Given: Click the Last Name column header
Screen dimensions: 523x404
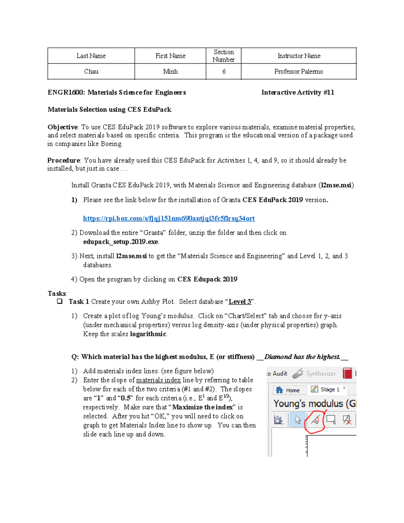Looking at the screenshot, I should point(91,56).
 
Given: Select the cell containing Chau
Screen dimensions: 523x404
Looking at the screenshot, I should point(91,71).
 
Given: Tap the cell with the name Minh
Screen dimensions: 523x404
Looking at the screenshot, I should point(170,71).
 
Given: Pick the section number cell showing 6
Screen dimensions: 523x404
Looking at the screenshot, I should point(224,71).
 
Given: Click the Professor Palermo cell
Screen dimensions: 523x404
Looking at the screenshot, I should point(299,71).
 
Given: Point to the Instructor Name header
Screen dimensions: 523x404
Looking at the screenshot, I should point(299,56).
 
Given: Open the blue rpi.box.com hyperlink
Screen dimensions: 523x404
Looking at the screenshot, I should point(169,218).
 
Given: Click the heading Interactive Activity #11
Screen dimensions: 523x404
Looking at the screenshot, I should point(298,92).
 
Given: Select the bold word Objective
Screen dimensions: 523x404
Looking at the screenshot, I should point(63,127).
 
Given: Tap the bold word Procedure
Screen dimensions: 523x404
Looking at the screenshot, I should point(64,160).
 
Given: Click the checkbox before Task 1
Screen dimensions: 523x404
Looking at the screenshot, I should point(60,301).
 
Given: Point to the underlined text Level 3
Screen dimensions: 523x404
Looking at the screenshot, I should point(240,301).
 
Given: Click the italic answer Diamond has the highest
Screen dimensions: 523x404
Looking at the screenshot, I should point(302,357).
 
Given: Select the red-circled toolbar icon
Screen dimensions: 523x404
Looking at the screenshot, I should point(315,420).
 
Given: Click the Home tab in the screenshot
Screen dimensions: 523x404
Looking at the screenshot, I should point(288,390).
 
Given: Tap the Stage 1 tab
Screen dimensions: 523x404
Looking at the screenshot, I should point(326,389).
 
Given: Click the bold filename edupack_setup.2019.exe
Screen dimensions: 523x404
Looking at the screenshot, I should point(121,242).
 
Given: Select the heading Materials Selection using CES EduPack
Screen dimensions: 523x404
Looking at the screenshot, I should point(109,109).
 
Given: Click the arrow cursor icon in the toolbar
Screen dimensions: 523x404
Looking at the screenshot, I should point(298,420).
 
